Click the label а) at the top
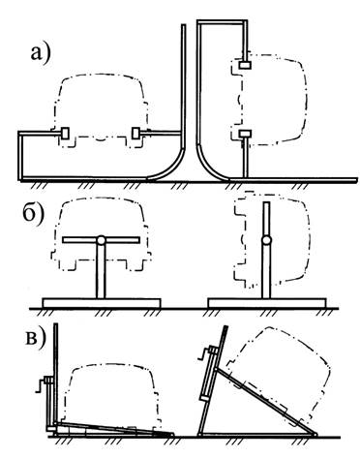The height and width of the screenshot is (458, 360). (41, 52)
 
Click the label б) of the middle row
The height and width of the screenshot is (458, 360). (33, 214)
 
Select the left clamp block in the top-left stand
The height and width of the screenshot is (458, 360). (65, 133)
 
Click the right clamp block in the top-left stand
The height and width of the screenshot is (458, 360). (135, 133)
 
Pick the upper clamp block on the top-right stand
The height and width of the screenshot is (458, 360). (245, 65)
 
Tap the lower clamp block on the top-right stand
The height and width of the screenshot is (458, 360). (245, 133)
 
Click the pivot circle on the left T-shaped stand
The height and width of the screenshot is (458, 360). (101, 240)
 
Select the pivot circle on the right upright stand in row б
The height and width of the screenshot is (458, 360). (266, 240)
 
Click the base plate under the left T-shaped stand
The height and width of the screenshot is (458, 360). (102, 303)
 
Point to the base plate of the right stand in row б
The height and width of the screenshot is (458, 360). (267, 303)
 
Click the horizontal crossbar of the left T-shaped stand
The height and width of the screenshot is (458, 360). (101, 240)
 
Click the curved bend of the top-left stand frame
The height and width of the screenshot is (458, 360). (168, 168)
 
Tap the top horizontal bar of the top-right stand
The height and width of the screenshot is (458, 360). (223, 22)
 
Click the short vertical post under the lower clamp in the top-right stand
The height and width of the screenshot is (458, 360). (245, 157)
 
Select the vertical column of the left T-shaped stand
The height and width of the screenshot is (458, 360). (101, 271)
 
